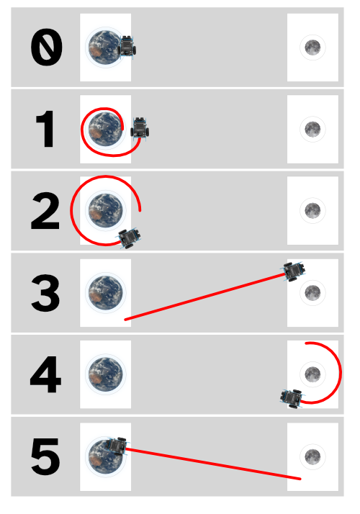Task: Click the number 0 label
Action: point(46,48)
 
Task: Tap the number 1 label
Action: point(45,129)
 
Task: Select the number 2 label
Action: point(45,210)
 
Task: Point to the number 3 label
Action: point(45,293)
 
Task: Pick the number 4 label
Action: point(45,374)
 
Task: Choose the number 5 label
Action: point(45,456)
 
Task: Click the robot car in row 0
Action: point(127,48)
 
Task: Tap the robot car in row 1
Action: point(140,129)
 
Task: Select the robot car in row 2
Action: point(130,238)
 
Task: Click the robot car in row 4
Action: point(292,398)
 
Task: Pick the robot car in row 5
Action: point(117,446)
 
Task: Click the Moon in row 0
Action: point(312,48)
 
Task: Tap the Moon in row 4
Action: point(312,374)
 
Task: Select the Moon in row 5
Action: point(312,456)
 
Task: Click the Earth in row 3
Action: point(106,293)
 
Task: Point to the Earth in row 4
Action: point(106,374)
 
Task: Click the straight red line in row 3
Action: point(205,297)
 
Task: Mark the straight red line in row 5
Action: point(213,464)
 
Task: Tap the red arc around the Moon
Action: point(341,373)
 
